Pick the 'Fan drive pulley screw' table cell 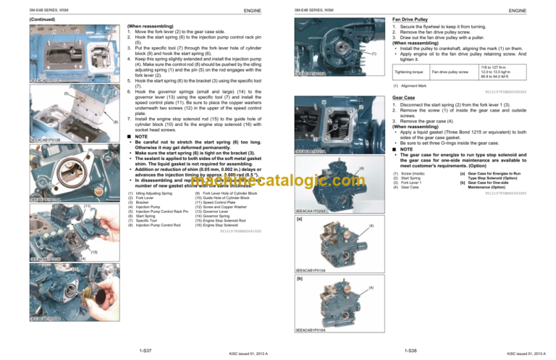451,72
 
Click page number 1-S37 143,350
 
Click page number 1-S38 410,350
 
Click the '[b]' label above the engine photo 299,277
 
